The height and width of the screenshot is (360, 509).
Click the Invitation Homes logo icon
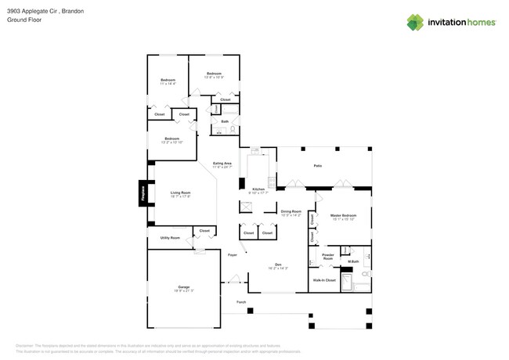(x=416, y=22)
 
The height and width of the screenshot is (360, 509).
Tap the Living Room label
(x=181, y=193)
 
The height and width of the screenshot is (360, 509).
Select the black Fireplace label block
(x=143, y=195)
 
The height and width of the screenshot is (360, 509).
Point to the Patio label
(x=318, y=166)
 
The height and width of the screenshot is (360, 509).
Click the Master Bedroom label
(x=343, y=215)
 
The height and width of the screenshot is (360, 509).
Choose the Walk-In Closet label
(x=324, y=279)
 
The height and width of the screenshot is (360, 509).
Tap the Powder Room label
(x=328, y=256)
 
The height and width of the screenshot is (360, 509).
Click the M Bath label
(x=353, y=261)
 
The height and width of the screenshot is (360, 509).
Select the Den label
(x=277, y=265)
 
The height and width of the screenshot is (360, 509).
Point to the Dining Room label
(x=291, y=211)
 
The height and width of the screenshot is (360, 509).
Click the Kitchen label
(x=258, y=189)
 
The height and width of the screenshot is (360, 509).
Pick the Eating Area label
(x=222, y=163)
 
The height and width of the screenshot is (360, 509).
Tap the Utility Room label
(x=170, y=237)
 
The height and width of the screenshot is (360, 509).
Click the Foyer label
(x=233, y=255)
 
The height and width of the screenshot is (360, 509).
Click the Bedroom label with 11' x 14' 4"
(x=168, y=80)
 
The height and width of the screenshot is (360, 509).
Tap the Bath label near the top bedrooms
(x=225, y=121)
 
